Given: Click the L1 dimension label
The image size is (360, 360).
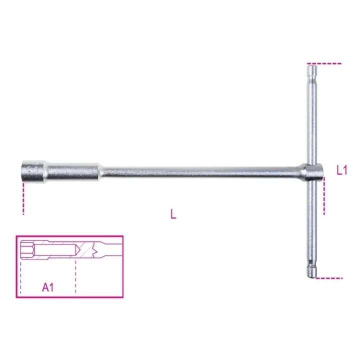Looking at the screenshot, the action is coord(342,170).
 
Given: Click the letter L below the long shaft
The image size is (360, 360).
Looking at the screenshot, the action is coord(173,214).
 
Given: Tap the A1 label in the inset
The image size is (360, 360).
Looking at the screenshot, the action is coord(48,287).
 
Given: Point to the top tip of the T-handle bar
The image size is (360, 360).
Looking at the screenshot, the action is coord(312,65).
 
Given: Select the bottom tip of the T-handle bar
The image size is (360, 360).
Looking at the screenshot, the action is coord(312,277).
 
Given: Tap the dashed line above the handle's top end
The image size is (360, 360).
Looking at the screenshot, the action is coord(324,63).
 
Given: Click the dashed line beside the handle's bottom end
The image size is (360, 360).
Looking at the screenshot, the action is coord(329,278).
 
